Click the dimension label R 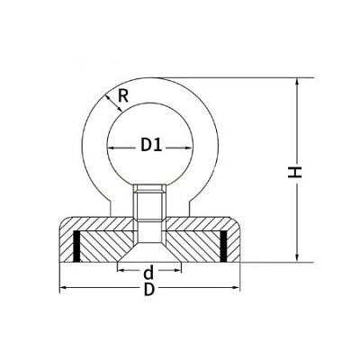tap(123, 96)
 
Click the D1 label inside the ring tap(151, 146)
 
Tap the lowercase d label tap(148, 273)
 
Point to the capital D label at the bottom tap(149, 290)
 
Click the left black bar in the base tap(76, 246)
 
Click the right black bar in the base tap(223, 246)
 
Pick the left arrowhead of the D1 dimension tap(111, 148)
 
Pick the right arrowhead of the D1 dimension tap(189, 148)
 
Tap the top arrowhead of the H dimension tap(297, 81)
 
